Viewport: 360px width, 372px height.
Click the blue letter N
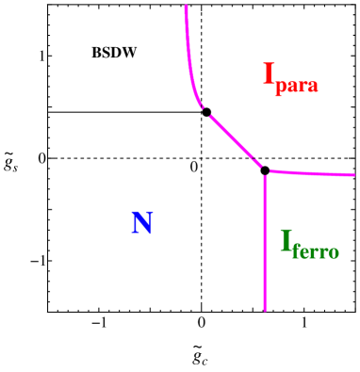point(142,223)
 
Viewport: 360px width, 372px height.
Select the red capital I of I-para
point(269,75)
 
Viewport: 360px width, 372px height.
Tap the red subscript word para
point(297,86)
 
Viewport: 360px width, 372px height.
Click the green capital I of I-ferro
point(286,242)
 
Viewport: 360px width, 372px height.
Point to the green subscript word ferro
point(316,251)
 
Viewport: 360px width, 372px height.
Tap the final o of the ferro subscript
point(334,252)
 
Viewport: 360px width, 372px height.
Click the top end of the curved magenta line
point(186,7)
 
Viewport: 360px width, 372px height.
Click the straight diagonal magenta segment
point(236,141)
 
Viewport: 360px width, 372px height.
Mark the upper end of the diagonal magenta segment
point(210,116)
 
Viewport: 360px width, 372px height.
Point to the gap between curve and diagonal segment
point(205,112)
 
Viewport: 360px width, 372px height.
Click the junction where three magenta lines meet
point(265,171)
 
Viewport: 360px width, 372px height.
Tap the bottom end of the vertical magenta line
point(265,309)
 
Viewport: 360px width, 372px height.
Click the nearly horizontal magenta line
point(311,173)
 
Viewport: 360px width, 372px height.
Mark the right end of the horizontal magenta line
point(354,175)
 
